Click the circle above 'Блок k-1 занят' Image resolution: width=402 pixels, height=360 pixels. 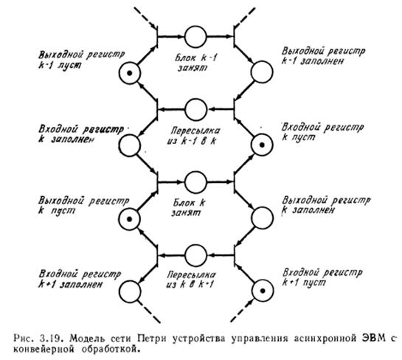click(x=195, y=37)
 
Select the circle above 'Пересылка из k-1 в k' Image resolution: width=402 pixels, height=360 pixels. click(x=195, y=110)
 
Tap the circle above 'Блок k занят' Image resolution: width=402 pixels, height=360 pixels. click(x=195, y=182)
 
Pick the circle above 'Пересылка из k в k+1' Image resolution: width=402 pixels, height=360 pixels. click(x=195, y=255)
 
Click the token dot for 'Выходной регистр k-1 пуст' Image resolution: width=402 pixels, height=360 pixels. click(x=130, y=73)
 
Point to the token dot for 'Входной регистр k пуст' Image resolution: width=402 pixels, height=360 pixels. click(x=262, y=145)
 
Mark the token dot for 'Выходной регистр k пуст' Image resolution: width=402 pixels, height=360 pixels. click(x=130, y=219)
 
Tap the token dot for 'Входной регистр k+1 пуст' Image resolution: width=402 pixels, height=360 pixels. click(x=263, y=291)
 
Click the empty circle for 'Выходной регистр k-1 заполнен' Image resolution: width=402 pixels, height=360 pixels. click(x=262, y=72)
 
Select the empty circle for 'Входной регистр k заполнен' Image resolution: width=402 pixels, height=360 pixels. click(x=130, y=145)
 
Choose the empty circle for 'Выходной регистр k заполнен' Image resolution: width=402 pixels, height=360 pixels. click(x=263, y=218)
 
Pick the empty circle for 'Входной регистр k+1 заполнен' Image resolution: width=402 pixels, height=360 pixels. click(x=130, y=291)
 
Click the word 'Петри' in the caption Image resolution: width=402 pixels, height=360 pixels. click(x=151, y=339)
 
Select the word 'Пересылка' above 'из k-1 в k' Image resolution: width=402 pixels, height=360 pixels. click(x=195, y=131)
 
